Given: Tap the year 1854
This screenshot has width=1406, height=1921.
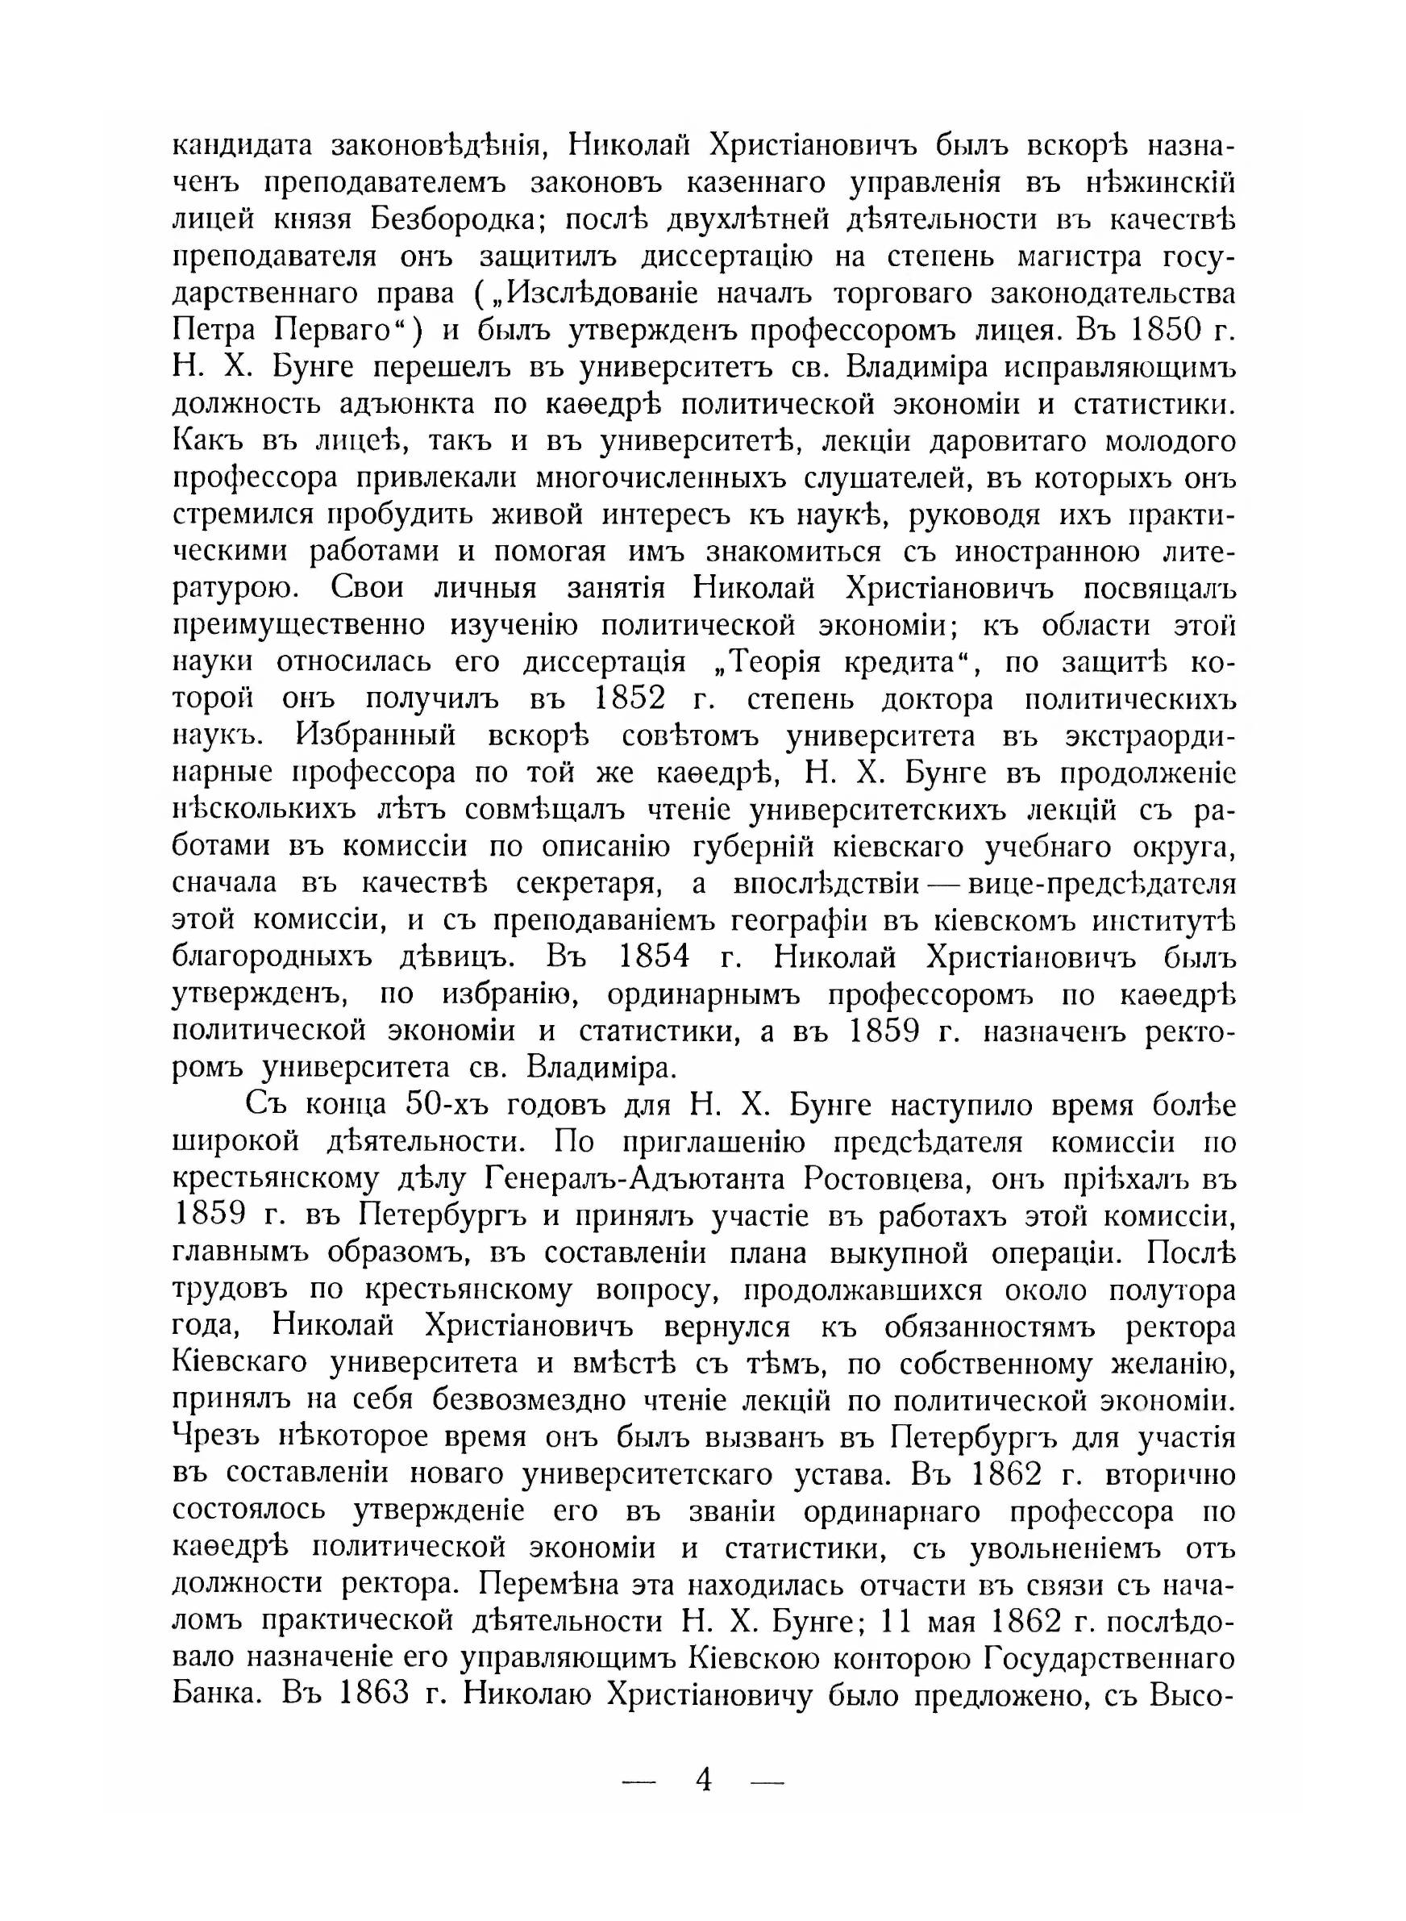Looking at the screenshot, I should click(653, 957).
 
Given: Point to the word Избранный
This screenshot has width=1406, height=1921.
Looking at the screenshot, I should click(376, 736).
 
